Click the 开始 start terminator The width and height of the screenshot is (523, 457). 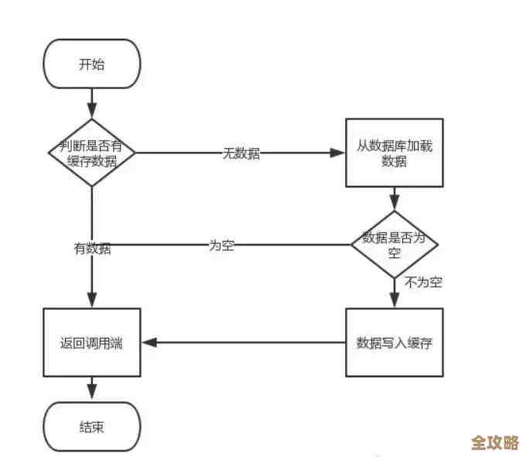point(91,64)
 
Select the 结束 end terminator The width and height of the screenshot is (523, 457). point(91,427)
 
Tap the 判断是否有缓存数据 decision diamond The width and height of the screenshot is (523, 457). point(92,153)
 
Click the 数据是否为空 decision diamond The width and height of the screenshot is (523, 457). point(395,245)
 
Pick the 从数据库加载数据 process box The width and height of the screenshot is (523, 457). point(395,153)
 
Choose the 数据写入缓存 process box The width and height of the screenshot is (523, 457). point(395,342)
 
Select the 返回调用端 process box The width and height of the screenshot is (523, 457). point(91,342)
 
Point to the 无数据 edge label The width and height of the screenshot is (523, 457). point(241,153)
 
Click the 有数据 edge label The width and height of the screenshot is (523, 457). point(92,249)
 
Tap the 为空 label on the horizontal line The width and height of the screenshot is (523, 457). point(222,246)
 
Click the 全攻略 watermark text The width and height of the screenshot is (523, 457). point(494,442)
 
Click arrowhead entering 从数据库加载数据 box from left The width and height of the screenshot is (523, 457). point(338,153)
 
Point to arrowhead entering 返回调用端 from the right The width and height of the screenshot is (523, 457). point(149,342)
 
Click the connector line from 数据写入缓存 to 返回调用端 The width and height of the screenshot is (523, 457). point(248,342)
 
